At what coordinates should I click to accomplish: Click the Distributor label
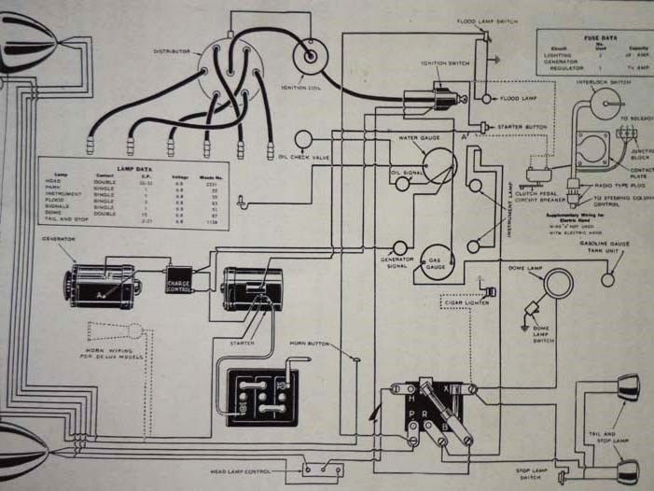(x=173, y=51)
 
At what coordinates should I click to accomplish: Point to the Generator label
(x=58, y=239)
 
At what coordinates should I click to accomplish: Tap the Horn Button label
(x=311, y=344)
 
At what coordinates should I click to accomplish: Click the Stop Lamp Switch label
(x=531, y=474)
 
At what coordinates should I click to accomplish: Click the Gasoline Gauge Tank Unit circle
(x=609, y=278)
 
